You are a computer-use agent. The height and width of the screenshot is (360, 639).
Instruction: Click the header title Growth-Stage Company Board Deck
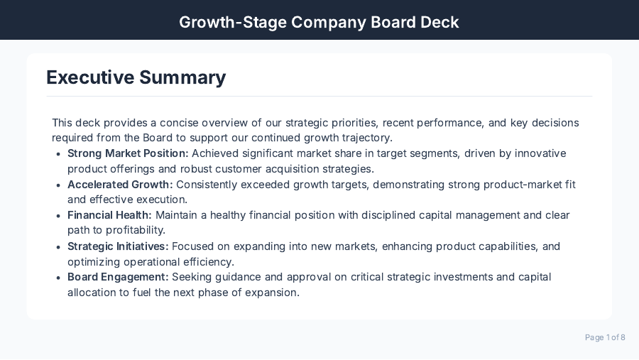click(319, 22)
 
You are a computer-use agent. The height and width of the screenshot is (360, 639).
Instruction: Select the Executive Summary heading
click(136, 77)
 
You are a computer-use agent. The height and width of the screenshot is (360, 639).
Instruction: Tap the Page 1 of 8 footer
click(605, 337)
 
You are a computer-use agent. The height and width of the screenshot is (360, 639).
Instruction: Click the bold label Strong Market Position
click(128, 153)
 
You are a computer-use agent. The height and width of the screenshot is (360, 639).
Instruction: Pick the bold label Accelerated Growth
click(120, 185)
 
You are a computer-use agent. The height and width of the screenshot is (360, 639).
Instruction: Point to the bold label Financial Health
click(109, 215)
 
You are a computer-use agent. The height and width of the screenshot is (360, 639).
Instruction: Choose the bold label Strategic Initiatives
click(118, 246)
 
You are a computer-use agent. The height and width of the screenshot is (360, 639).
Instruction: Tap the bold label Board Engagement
click(118, 277)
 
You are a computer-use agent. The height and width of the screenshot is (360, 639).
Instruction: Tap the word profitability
click(135, 231)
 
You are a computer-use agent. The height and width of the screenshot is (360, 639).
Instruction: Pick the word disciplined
click(396, 215)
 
